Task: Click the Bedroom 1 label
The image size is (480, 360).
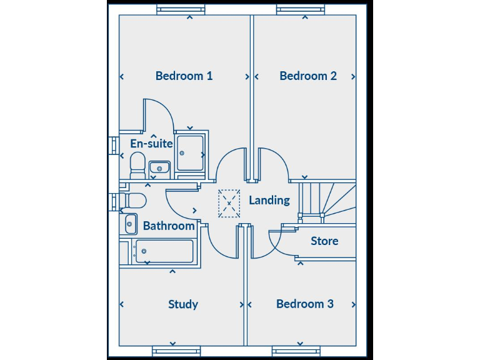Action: pos(184,76)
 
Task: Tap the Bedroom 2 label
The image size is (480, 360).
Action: pos(308,76)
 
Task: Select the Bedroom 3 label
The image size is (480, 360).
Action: pos(304,304)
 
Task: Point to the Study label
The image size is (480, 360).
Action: pos(183,304)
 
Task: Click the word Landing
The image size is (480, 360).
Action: pos(269,200)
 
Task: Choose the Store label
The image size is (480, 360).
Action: pos(324,241)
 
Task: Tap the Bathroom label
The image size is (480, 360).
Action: pos(169,226)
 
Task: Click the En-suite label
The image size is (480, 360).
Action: pos(151,143)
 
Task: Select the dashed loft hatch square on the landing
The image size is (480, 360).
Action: pos(229,203)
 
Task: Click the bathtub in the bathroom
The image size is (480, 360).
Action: pos(164,251)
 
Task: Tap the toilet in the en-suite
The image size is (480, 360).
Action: pos(137,165)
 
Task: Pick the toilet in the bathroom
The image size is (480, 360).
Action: pos(134,201)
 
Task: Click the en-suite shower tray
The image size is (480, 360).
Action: pos(189,152)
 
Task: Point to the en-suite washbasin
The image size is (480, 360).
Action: pos(159,167)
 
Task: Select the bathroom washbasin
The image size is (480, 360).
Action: pos(131,223)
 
